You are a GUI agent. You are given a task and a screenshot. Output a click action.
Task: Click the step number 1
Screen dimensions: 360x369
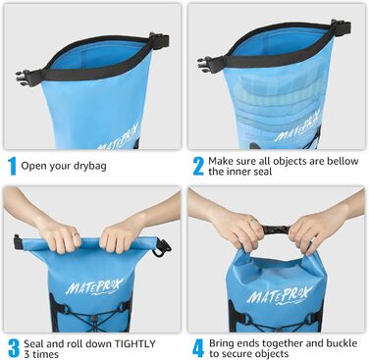pyautogui.click(x=11, y=165)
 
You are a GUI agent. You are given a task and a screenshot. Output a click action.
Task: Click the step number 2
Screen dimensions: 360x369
pyautogui.click(x=197, y=165)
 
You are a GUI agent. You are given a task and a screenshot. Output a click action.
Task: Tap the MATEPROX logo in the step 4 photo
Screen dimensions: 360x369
pyautogui.click(x=277, y=294)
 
